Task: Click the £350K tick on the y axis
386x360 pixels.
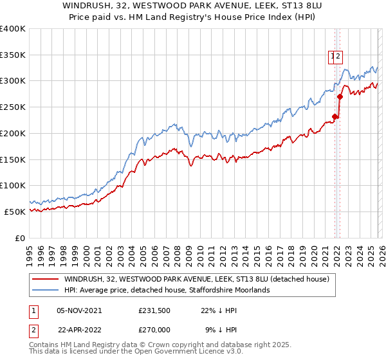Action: (13, 55)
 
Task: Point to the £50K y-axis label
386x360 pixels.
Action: (15, 212)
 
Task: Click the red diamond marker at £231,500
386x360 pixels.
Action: (335, 117)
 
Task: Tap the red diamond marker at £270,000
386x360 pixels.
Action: (340, 97)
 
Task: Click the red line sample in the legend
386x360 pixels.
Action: (46, 279)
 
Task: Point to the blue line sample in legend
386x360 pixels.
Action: (46, 290)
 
